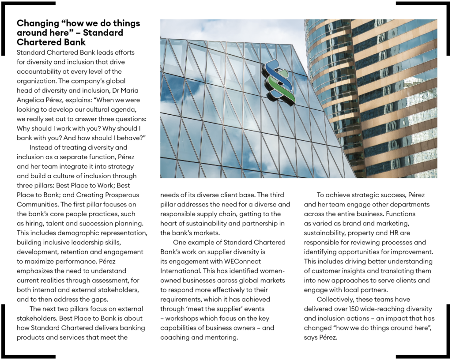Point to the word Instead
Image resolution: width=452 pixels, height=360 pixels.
pos(42,147)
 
